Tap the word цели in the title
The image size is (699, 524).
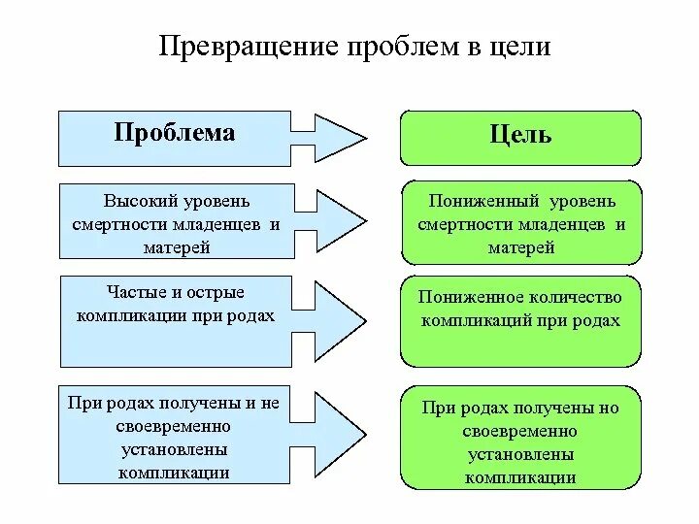(x=520, y=46)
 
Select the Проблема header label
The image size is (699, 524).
(x=175, y=132)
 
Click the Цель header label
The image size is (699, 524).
(x=521, y=134)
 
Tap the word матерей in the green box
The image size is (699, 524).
(x=521, y=248)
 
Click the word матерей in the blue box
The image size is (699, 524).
(x=175, y=247)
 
